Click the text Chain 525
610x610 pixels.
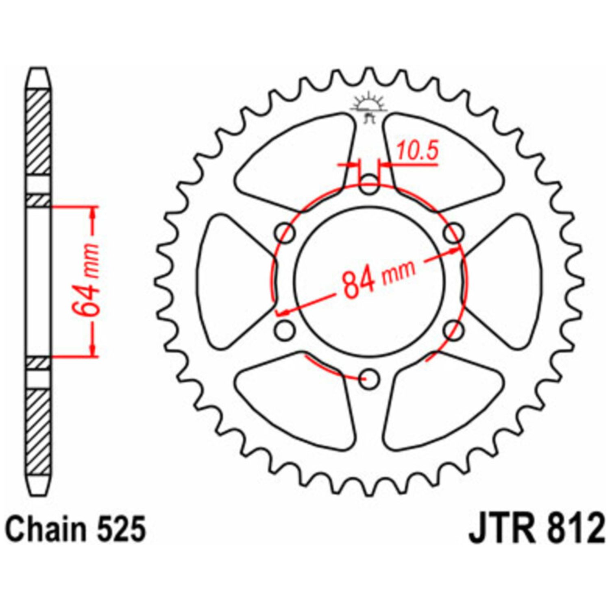point(76,529)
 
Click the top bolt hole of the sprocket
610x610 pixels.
point(369,184)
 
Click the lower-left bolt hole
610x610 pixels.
point(285,330)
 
